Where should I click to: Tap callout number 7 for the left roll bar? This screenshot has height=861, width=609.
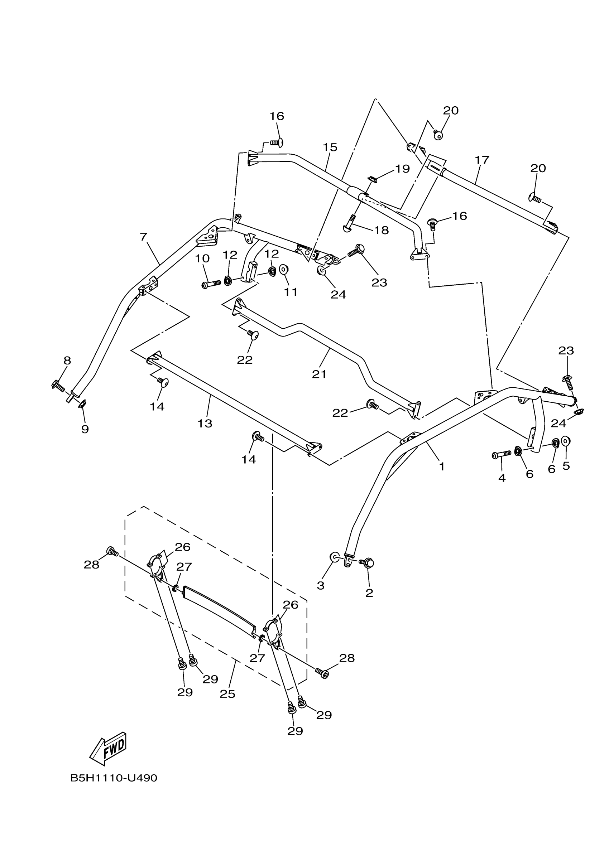click(143, 237)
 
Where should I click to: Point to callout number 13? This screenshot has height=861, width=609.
click(205, 424)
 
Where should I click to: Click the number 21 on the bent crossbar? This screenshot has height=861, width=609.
click(319, 374)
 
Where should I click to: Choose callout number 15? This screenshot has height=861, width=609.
click(330, 147)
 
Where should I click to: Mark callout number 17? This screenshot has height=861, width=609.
click(482, 160)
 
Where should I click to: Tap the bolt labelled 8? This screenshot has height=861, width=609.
click(58, 386)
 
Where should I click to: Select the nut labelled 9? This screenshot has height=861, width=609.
click(82, 404)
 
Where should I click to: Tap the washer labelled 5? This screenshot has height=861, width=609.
click(566, 441)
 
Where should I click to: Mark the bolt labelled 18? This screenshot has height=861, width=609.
click(350, 223)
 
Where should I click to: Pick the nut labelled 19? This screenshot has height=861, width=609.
click(373, 180)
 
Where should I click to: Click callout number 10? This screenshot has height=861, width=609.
click(202, 258)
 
